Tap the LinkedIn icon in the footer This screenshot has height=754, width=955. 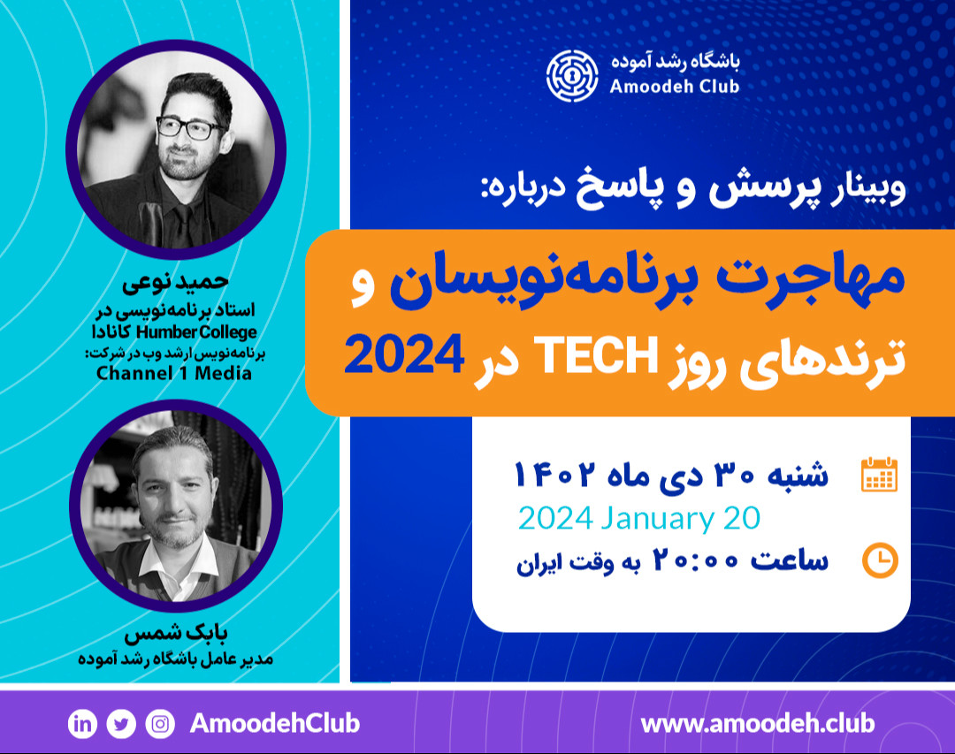click(82, 724)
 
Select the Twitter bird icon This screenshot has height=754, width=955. click(121, 724)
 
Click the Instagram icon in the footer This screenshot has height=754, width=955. click(160, 724)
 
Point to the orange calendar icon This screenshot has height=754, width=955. click(879, 475)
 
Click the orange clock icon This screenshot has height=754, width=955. click(880, 560)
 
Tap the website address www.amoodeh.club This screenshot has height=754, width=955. click(758, 723)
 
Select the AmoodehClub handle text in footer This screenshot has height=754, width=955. click(275, 723)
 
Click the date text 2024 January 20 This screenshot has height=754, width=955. click(638, 518)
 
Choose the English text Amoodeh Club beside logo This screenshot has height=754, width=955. click(674, 86)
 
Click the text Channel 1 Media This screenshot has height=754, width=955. click(174, 372)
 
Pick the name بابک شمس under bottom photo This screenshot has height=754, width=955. click(176, 636)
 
